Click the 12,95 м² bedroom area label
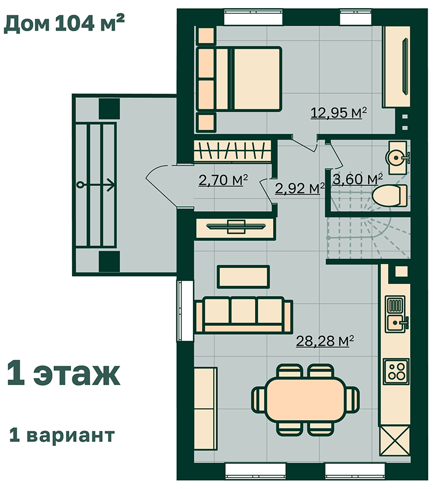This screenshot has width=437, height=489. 339,113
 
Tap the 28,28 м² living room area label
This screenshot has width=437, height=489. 325,341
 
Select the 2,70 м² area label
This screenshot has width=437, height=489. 223,180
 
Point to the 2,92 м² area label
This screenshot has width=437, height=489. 300,188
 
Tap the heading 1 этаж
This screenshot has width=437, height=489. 63,373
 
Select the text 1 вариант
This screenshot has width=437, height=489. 62,435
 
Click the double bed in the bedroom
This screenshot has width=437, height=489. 239,79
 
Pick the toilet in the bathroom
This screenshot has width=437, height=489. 389,195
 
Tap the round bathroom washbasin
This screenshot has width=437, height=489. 396,158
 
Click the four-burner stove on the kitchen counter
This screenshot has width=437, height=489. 396,371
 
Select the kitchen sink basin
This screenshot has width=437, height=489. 395,323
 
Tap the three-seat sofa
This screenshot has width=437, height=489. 243,315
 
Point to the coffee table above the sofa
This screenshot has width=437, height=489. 243,277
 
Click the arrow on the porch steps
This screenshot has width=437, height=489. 96,185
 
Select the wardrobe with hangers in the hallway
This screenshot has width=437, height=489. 232,151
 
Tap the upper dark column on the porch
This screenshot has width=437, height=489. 109,109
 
